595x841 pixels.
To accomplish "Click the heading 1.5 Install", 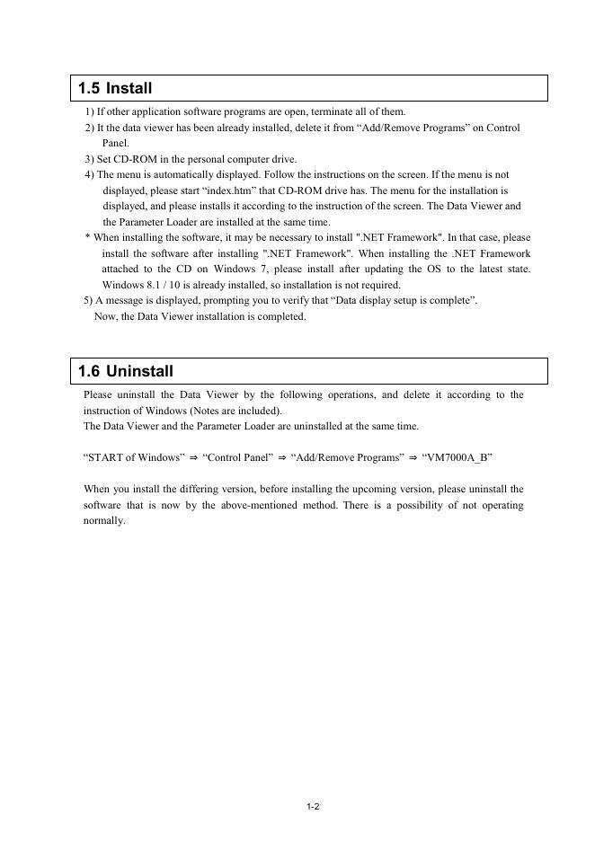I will [115, 89].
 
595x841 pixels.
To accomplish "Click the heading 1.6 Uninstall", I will [126, 371].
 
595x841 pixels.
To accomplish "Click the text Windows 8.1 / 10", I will [140, 285].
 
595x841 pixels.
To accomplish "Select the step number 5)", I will [88, 301].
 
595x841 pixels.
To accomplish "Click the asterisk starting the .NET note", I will [87, 238].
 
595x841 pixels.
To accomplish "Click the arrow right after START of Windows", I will [193, 457].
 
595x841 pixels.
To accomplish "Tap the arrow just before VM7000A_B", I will [413, 457].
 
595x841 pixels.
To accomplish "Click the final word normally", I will [103, 521].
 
